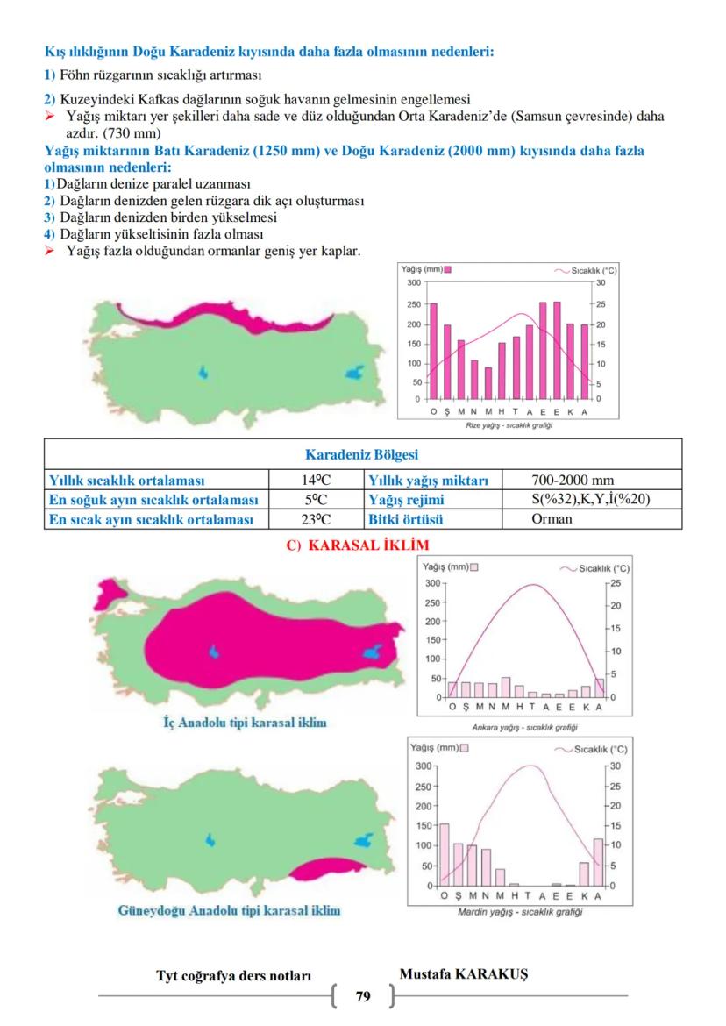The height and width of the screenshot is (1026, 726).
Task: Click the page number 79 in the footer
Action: (363, 996)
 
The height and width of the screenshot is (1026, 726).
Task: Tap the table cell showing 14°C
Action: (315, 481)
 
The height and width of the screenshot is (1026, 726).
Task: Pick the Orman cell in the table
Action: (552, 519)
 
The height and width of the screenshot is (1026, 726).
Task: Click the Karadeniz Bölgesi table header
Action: (361, 455)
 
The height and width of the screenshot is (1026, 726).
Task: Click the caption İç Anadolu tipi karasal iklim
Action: (245, 723)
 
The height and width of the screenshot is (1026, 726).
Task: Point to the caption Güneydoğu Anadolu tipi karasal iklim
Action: (229, 911)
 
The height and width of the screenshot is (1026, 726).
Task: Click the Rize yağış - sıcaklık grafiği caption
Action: (509, 425)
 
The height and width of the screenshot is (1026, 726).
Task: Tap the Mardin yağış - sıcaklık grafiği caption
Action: (520, 912)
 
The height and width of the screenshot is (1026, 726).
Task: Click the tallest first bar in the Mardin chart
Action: (445, 854)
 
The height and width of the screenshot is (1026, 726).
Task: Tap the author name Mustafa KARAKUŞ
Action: (463, 974)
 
